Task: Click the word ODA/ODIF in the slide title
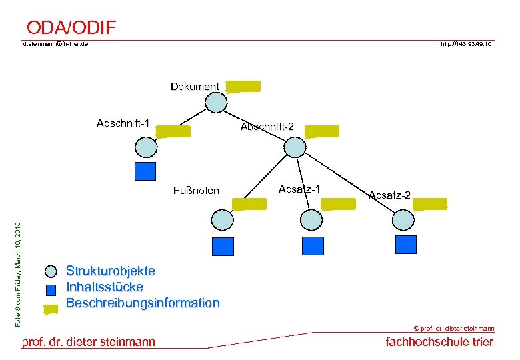[x=71, y=27]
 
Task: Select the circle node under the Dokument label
[x=216, y=103]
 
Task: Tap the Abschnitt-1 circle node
[x=146, y=147]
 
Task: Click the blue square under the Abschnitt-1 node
[x=145, y=171]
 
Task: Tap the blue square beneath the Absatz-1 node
[x=312, y=246]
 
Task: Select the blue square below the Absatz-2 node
[x=405, y=244]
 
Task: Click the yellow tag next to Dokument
[x=243, y=86]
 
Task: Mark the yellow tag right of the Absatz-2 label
[x=430, y=204]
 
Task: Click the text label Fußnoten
[x=195, y=191]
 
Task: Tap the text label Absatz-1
[x=299, y=189]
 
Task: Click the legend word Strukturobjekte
[x=110, y=271]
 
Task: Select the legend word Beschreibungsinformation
[x=142, y=303]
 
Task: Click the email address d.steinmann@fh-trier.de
[x=55, y=44]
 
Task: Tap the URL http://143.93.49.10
[x=466, y=44]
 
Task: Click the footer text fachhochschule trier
[x=439, y=342]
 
